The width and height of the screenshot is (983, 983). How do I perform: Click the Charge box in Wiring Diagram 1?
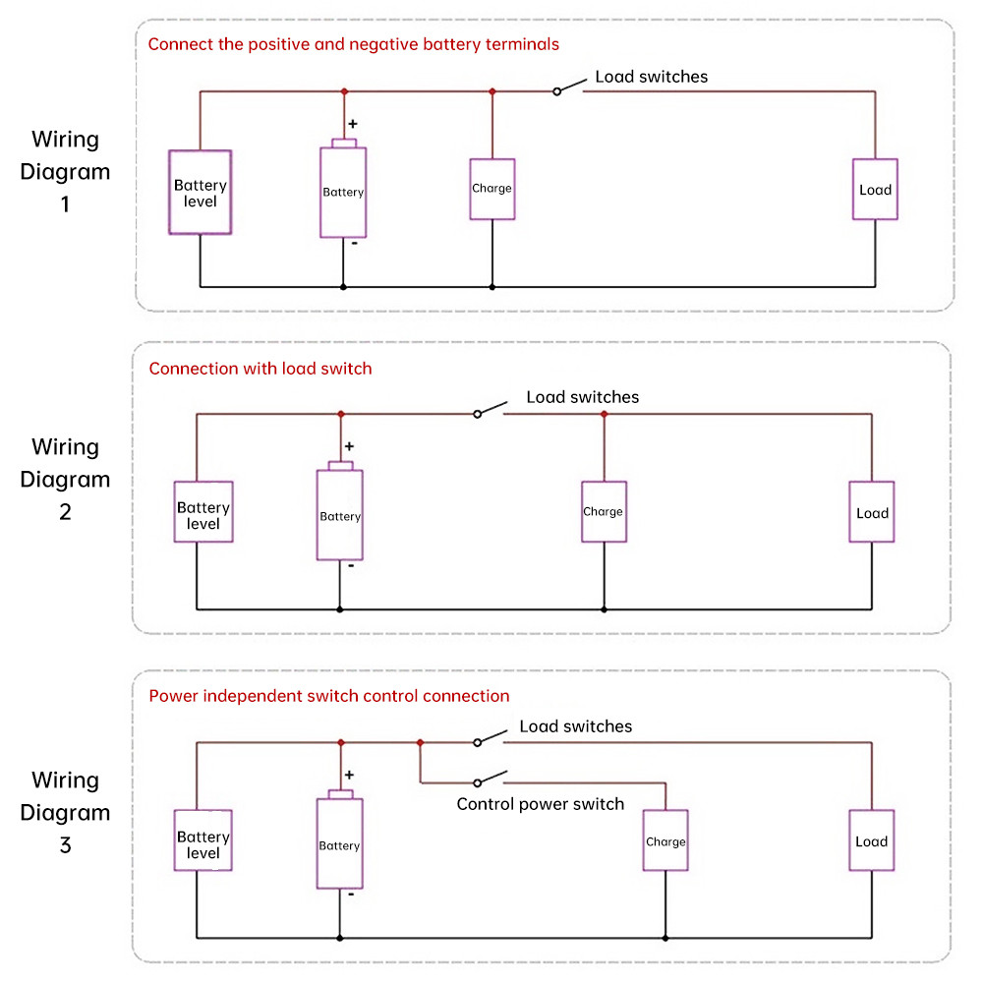(x=491, y=189)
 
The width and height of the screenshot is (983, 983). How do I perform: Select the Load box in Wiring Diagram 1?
(x=874, y=189)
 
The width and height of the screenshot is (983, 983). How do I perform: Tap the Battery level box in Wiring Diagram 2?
(x=203, y=511)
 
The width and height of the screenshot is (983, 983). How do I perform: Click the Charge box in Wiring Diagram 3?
(x=665, y=840)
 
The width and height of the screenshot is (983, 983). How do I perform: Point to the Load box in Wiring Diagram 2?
(x=872, y=512)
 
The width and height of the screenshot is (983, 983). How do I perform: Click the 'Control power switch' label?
(x=540, y=804)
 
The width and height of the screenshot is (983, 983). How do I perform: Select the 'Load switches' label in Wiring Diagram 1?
(x=651, y=77)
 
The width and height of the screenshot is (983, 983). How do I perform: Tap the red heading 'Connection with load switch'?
(x=260, y=369)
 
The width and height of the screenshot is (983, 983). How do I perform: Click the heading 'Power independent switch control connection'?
(x=328, y=696)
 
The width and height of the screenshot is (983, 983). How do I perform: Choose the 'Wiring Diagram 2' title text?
(x=65, y=480)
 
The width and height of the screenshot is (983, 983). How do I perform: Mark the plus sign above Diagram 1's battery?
(x=353, y=125)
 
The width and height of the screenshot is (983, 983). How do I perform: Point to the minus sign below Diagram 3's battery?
(x=351, y=895)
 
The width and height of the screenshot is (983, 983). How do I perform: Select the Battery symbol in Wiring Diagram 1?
(x=343, y=192)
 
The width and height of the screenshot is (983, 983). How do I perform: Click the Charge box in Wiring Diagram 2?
(x=603, y=511)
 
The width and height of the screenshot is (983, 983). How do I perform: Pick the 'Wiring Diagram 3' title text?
(x=65, y=813)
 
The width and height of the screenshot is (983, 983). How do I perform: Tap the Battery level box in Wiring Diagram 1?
(x=201, y=193)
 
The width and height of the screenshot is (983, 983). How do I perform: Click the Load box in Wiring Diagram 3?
(x=872, y=840)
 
